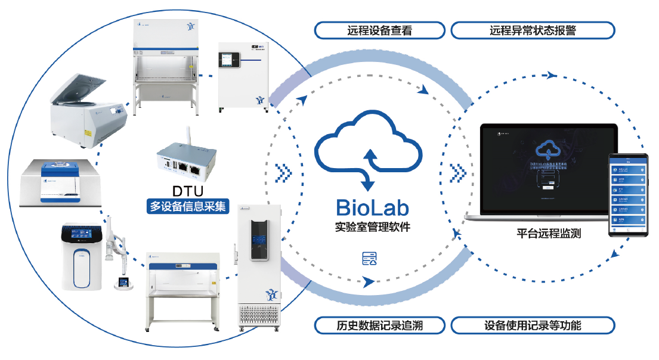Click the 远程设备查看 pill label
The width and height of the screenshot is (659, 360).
pyautogui.click(x=379, y=30)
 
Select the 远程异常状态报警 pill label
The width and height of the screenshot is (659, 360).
pyautogui.click(x=533, y=30)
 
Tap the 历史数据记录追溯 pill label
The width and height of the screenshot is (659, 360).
pyautogui.click(x=379, y=325)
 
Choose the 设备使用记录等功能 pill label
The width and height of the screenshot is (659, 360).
pyautogui.click(x=533, y=325)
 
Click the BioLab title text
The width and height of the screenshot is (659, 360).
pyautogui.click(x=372, y=207)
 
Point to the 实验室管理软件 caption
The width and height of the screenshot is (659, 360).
pyautogui.click(x=373, y=227)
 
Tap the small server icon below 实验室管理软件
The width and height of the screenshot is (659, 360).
pyautogui.click(x=370, y=258)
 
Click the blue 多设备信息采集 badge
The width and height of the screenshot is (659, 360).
pyautogui.click(x=188, y=207)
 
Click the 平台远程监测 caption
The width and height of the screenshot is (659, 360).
pyautogui.click(x=548, y=234)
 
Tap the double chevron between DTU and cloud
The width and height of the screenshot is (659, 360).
pyautogui.click(x=284, y=173)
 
